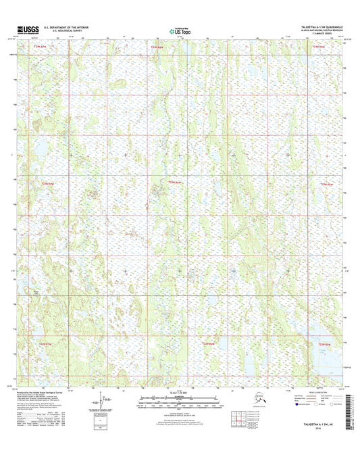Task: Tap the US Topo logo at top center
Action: tap(180, 30)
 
